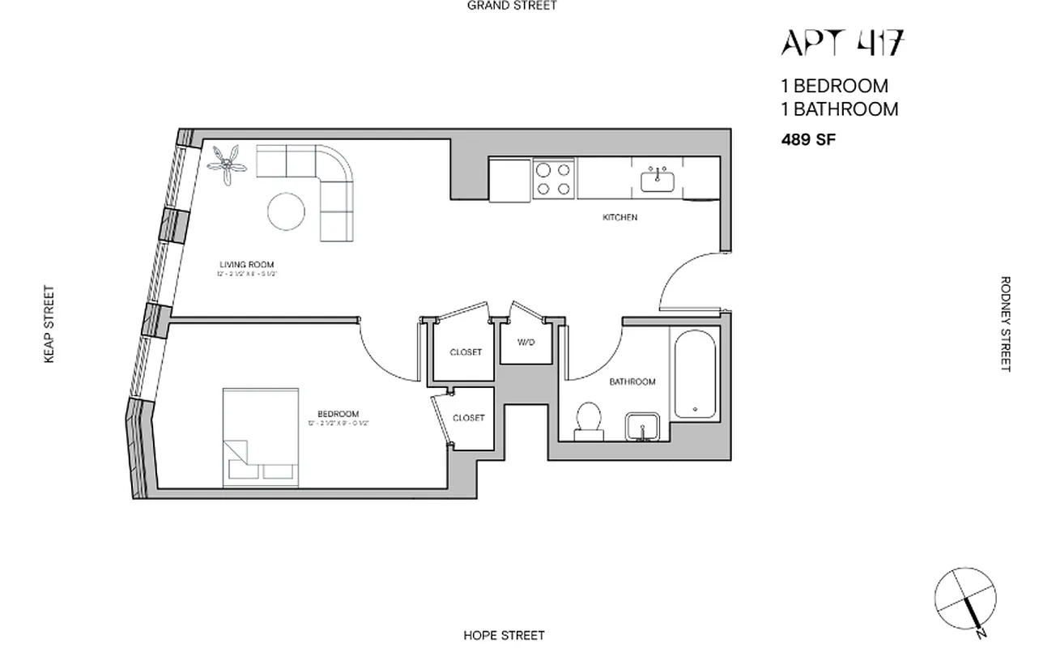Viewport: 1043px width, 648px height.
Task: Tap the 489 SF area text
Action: click(x=808, y=139)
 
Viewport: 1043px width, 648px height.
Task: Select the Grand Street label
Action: click(x=512, y=6)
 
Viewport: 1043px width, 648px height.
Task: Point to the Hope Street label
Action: click(x=504, y=635)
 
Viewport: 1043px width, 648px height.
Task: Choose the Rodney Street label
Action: click(x=1006, y=324)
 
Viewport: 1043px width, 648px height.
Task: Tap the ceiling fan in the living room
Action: click(x=228, y=164)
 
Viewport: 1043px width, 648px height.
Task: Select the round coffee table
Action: click(x=287, y=211)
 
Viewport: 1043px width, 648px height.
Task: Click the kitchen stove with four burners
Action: click(x=554, y=179)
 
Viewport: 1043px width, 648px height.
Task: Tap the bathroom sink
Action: click(x=644, y=427)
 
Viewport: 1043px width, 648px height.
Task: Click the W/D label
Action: click(x=526, y=343)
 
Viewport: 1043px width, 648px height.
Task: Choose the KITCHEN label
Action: click(x=619, y=217)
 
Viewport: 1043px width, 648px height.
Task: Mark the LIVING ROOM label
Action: click(x=246, y=264)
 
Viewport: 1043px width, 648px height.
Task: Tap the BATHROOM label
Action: click(x=632, y=382)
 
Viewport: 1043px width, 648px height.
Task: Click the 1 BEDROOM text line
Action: click(x=834, y=85)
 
